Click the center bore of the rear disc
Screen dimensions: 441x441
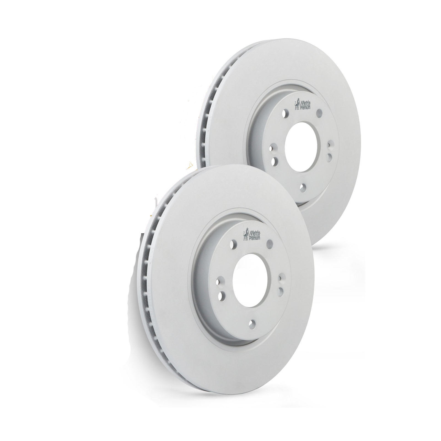coord(300,148)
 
